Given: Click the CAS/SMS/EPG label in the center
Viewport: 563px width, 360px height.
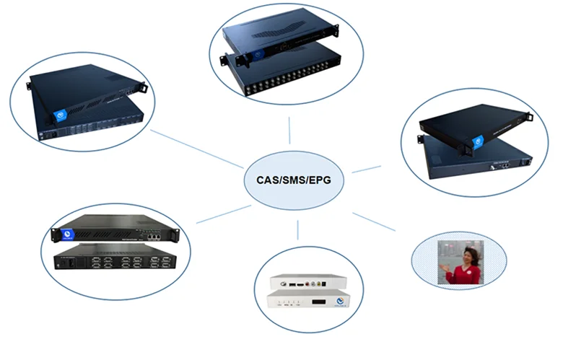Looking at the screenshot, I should coord(294,178).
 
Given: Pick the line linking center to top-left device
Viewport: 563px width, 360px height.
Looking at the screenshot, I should coord(196,149).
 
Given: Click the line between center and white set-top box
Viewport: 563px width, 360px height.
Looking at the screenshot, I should coord(297,230).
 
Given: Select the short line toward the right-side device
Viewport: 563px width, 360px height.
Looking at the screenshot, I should coord(366,169).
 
